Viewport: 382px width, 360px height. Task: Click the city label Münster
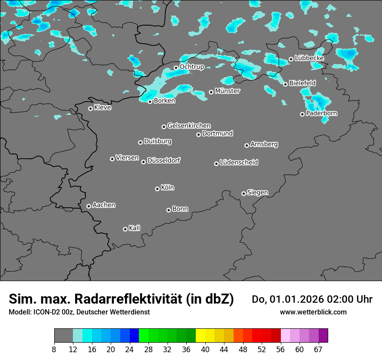click(x=227, y=91)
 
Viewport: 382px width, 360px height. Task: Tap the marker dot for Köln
click(x=157, y=189)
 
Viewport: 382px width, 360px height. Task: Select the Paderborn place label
click(x=322, y=113)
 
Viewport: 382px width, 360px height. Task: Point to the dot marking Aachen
click(x=89, y=206)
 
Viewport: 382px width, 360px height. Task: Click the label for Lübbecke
click(x=309, y=58)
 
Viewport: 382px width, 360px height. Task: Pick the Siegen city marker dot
click(x=244, y=193)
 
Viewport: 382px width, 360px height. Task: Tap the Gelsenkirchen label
click(x=189, y=126)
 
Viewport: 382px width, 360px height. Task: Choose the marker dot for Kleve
click(x=90, y=108)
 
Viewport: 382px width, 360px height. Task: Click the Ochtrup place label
click(x=192, y=67)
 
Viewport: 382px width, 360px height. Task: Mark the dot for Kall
click(x=125, y=229)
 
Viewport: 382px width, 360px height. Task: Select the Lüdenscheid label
click(x=239, y=163)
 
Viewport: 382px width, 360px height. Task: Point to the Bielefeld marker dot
click(x=285, y=84)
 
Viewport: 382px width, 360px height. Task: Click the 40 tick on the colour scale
click(x=205, y=349)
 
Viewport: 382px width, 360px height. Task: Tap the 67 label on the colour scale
click(x=318, y=349)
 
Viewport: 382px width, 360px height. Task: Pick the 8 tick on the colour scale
click(x=54, y=349)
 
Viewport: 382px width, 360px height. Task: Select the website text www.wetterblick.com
click(x=313, y=312)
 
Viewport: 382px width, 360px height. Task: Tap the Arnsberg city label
click(x=264, y=144)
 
